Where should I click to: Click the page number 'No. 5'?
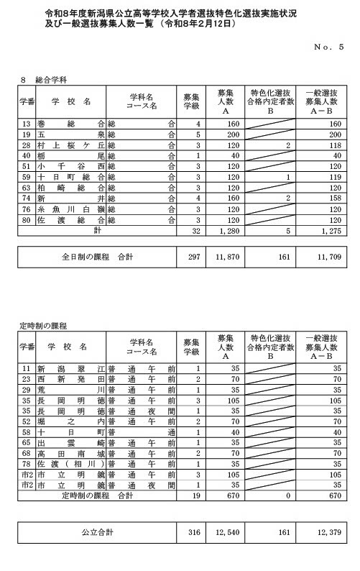(x=330, y=46)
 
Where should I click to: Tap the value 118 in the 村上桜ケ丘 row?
(x=331, y=144)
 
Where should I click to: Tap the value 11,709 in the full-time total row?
(x=328, y=256)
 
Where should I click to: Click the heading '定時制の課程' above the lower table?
(x=43, y=326)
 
